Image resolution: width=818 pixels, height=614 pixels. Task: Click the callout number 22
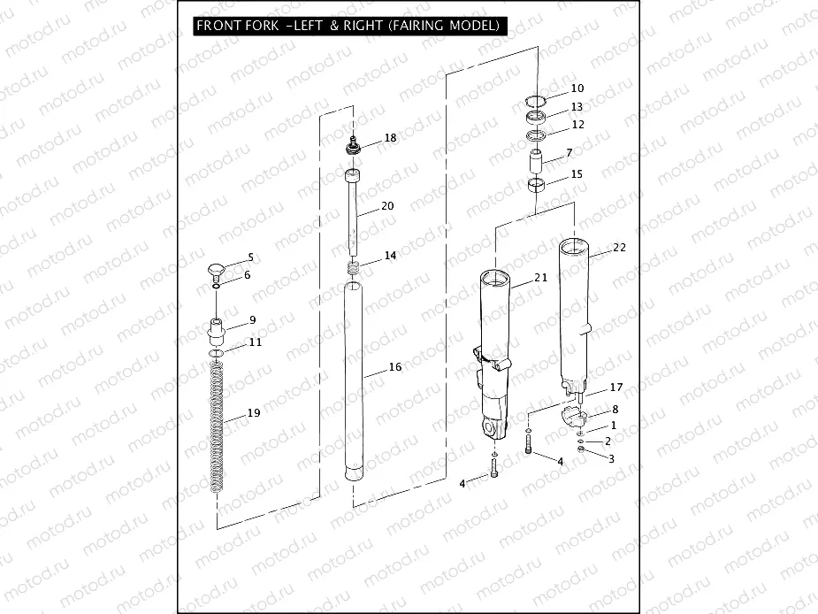click(619, 248)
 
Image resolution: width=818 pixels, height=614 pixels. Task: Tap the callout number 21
click(541, 278)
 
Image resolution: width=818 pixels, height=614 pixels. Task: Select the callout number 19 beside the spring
click(254, 413)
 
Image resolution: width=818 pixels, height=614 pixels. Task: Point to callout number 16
click(395, 367)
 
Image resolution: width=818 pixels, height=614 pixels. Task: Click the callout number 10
click(577, 88)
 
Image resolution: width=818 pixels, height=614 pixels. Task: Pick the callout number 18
click(390, 138)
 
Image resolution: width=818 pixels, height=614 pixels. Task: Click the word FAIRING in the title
click(414, 25)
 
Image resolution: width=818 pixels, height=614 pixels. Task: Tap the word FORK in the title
click(260, 25)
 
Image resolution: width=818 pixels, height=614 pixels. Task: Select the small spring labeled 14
click(354, 268)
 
